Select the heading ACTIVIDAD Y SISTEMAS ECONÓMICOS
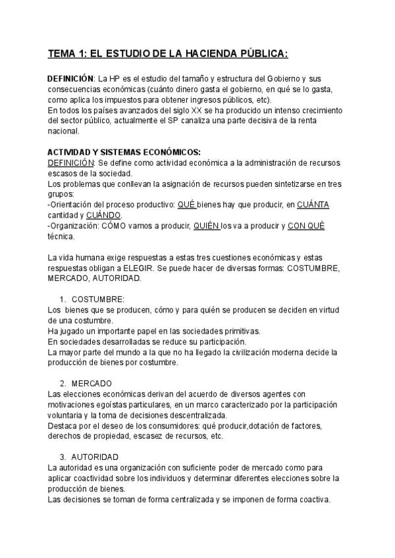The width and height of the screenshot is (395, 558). point(124,152)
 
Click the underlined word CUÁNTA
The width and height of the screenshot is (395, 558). point(313,205)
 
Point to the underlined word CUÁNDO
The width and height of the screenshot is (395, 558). point(103,215)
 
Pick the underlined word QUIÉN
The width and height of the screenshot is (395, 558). point(207,226)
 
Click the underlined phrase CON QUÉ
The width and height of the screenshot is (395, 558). point(306,226)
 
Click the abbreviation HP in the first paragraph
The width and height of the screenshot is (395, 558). point(113,78)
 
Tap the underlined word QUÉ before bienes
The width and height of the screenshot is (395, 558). point(186,205)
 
